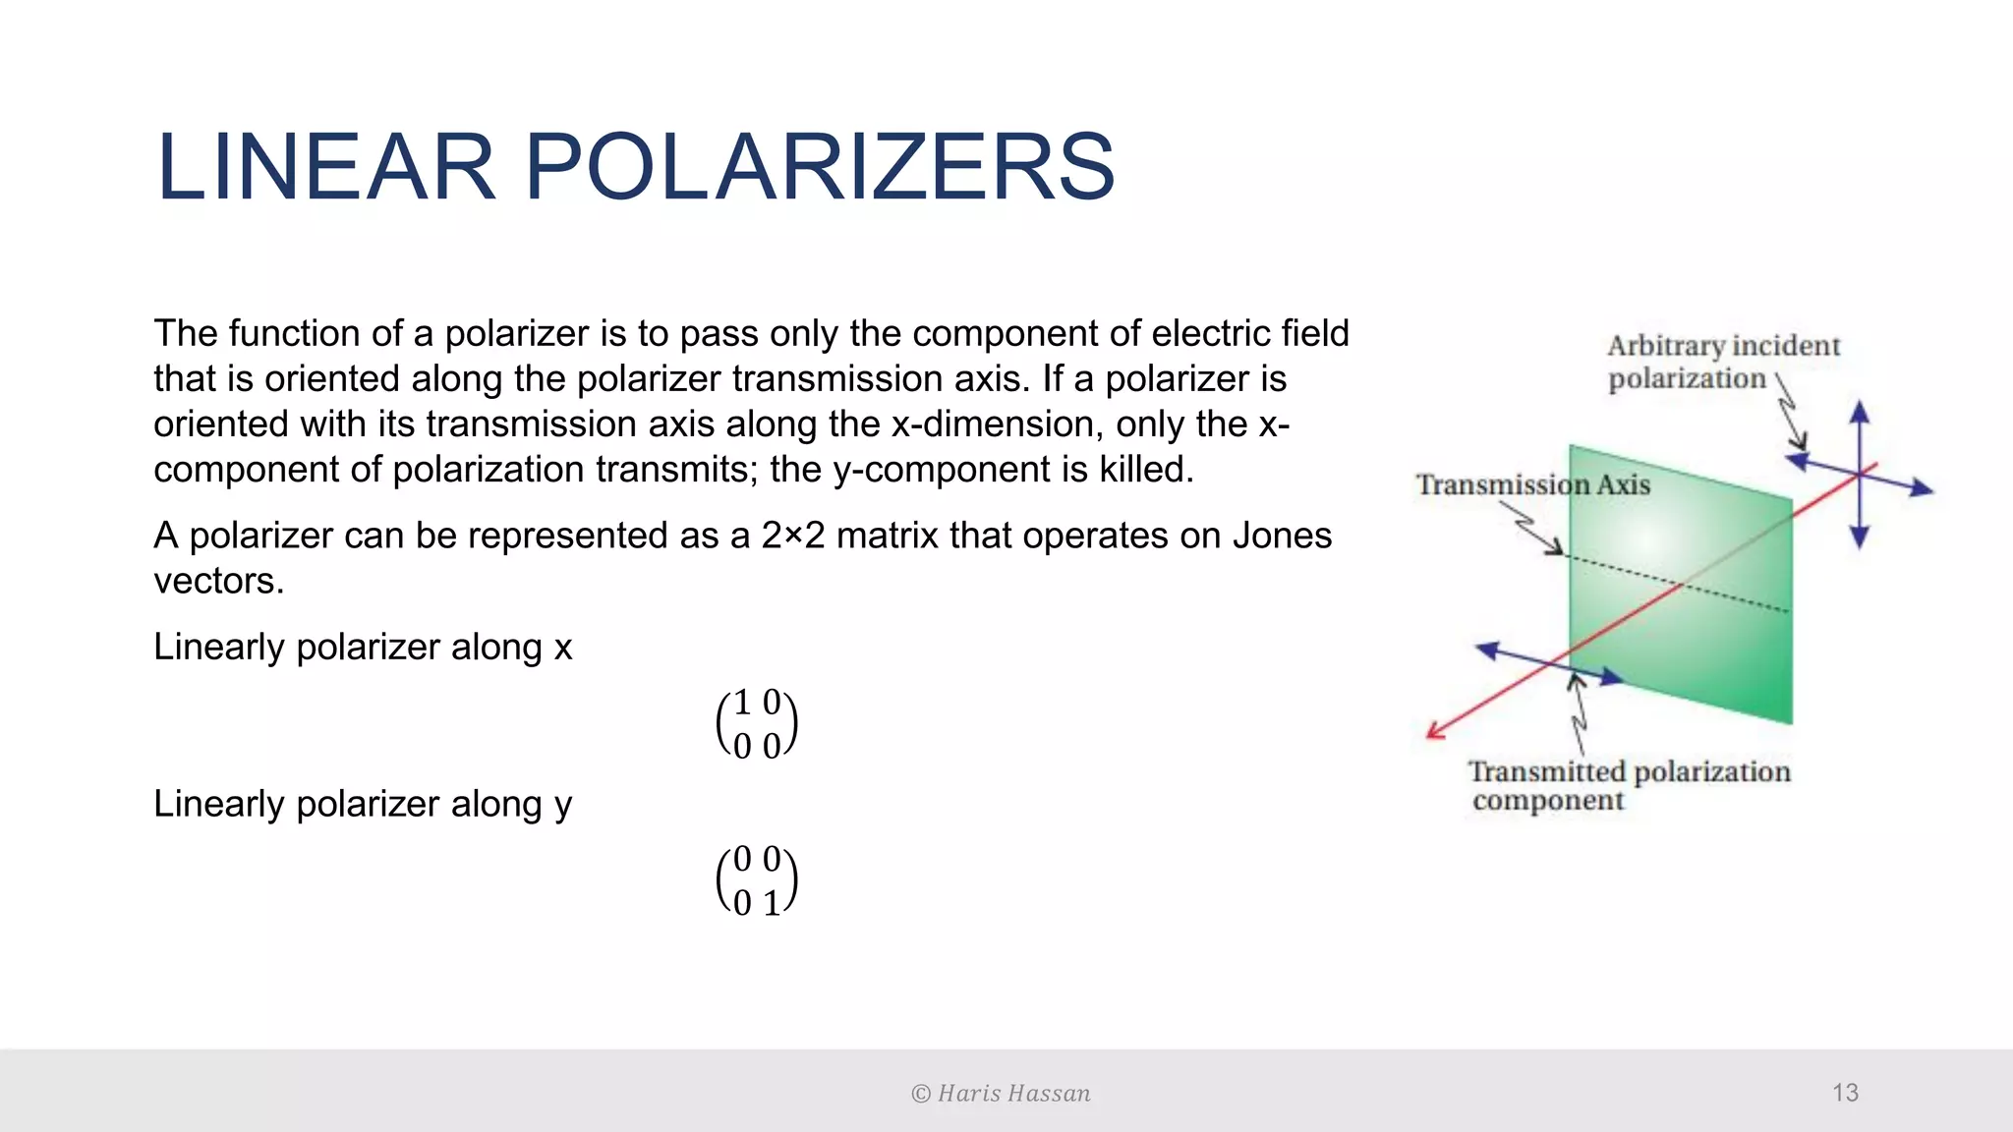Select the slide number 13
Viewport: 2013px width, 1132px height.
tap(1845, 1093)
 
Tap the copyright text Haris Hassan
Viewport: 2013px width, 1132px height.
tap(1001, 1094)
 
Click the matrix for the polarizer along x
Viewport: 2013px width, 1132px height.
tap(756, 724)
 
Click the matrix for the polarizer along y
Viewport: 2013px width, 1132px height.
tap(756, 880)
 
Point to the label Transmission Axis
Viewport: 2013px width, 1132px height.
tap(1532, 484)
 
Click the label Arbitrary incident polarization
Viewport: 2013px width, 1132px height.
tap(1722, 362)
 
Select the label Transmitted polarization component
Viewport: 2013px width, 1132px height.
tap(1629, 785)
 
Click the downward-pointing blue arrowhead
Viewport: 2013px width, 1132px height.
tap(1859, 538)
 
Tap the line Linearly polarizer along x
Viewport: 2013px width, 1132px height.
tap(363, 647)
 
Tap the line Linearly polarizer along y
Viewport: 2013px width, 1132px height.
tap(363, 804)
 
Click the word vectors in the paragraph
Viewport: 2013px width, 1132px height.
tap(218, 581)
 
